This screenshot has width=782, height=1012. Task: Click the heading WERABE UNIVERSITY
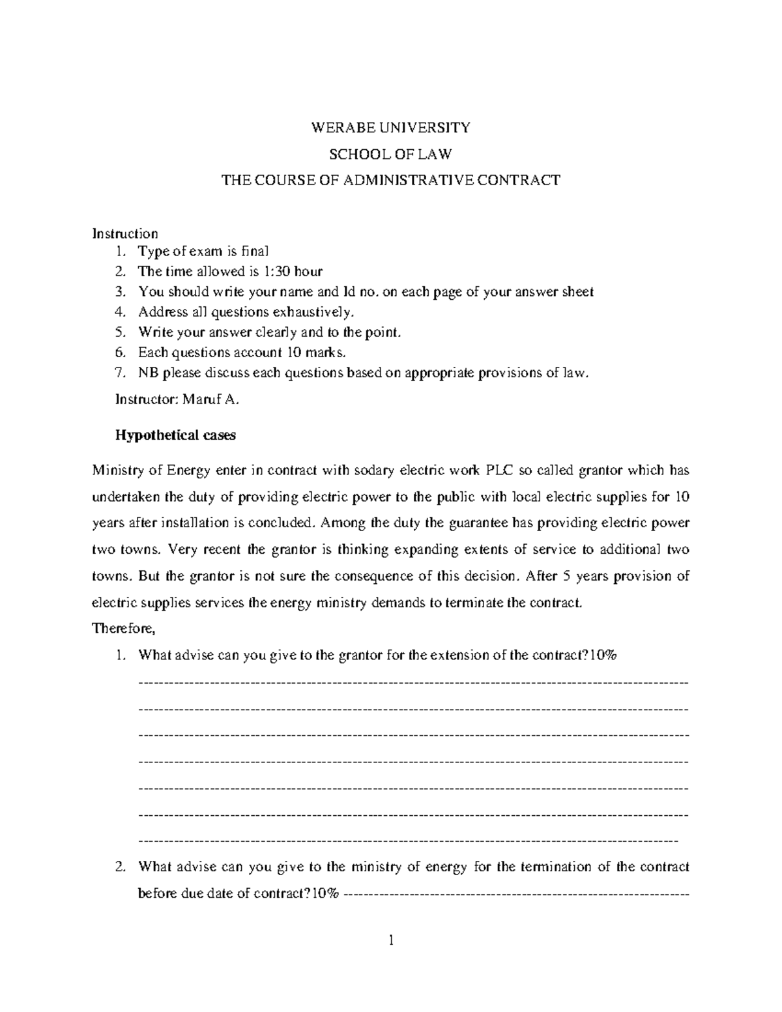(x=390, y=128)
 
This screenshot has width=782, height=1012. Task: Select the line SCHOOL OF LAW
(x=390, y=154)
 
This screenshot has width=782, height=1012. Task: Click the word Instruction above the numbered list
(x=125, y=233)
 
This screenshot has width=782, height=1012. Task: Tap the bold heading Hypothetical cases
(x=175, y=435)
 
